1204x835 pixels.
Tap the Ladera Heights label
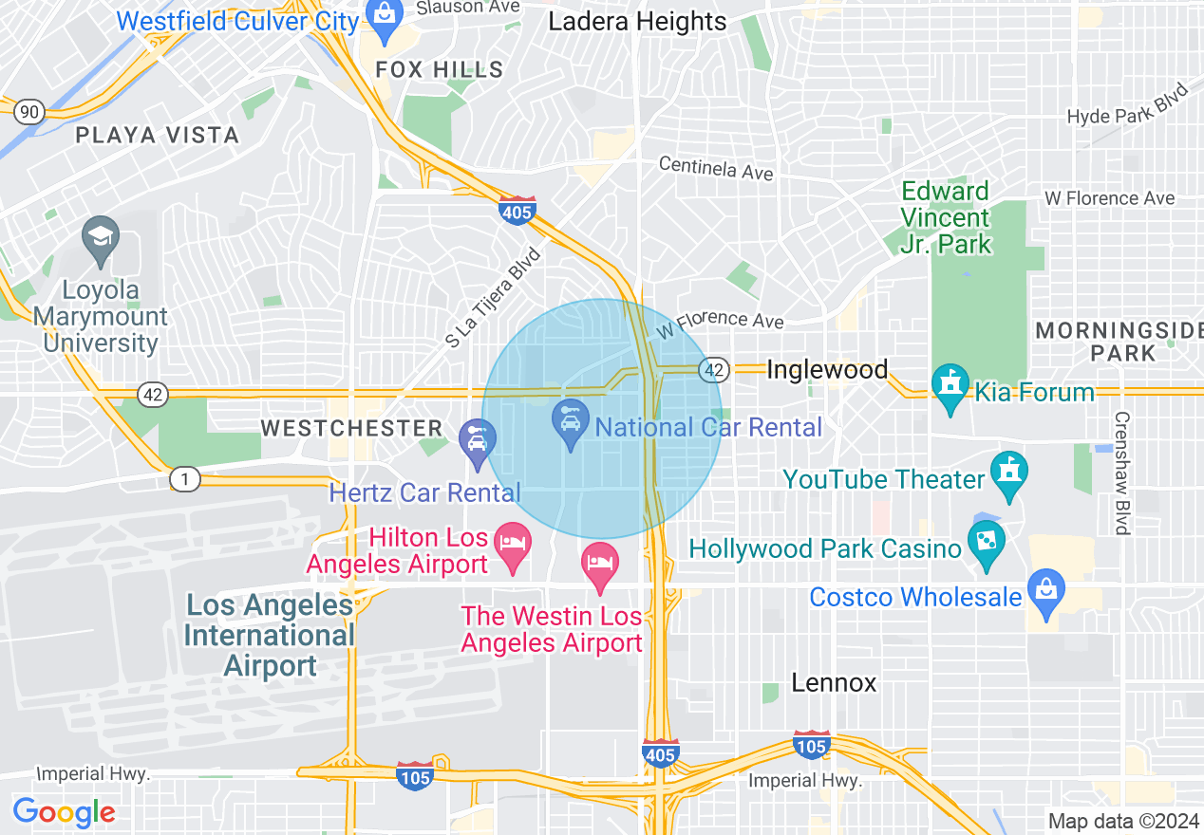pyautogui.click(x=637, y=22)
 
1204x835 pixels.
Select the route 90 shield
pyautogui.click(x=29, y=112)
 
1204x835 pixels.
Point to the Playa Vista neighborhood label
pyautogui.click(x=157, y=136)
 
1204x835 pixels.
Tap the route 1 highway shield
pyautogui.click(x=185, y=480)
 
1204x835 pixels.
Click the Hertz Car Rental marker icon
pyautogui.click(x=477, y=441)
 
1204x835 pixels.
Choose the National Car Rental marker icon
pyautogui.click(x=570, y=422)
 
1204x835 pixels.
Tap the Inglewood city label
pyautogui.click(x=827, y=369)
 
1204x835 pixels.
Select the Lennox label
pyautogui.click(x=834, y=682)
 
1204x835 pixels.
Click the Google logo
pyautogui.click(x=64, y=812)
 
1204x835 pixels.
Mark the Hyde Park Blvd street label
pyautogui.click(x=1128, y=104)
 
